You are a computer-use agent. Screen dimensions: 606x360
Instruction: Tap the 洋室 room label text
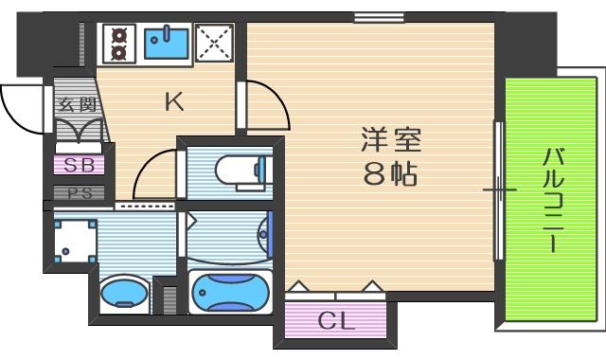point(389,139)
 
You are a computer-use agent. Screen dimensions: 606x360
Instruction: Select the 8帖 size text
point(389,173)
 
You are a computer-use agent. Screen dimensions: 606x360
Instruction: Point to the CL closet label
point(335,320)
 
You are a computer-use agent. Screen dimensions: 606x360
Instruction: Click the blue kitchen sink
point(167,41)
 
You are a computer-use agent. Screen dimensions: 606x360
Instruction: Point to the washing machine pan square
point(74,242)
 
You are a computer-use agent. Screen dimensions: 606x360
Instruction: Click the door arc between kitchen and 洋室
point(264,104)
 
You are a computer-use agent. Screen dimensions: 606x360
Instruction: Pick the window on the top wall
point(365,16)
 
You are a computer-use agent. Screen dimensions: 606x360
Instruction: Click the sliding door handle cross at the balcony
point(499,190)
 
